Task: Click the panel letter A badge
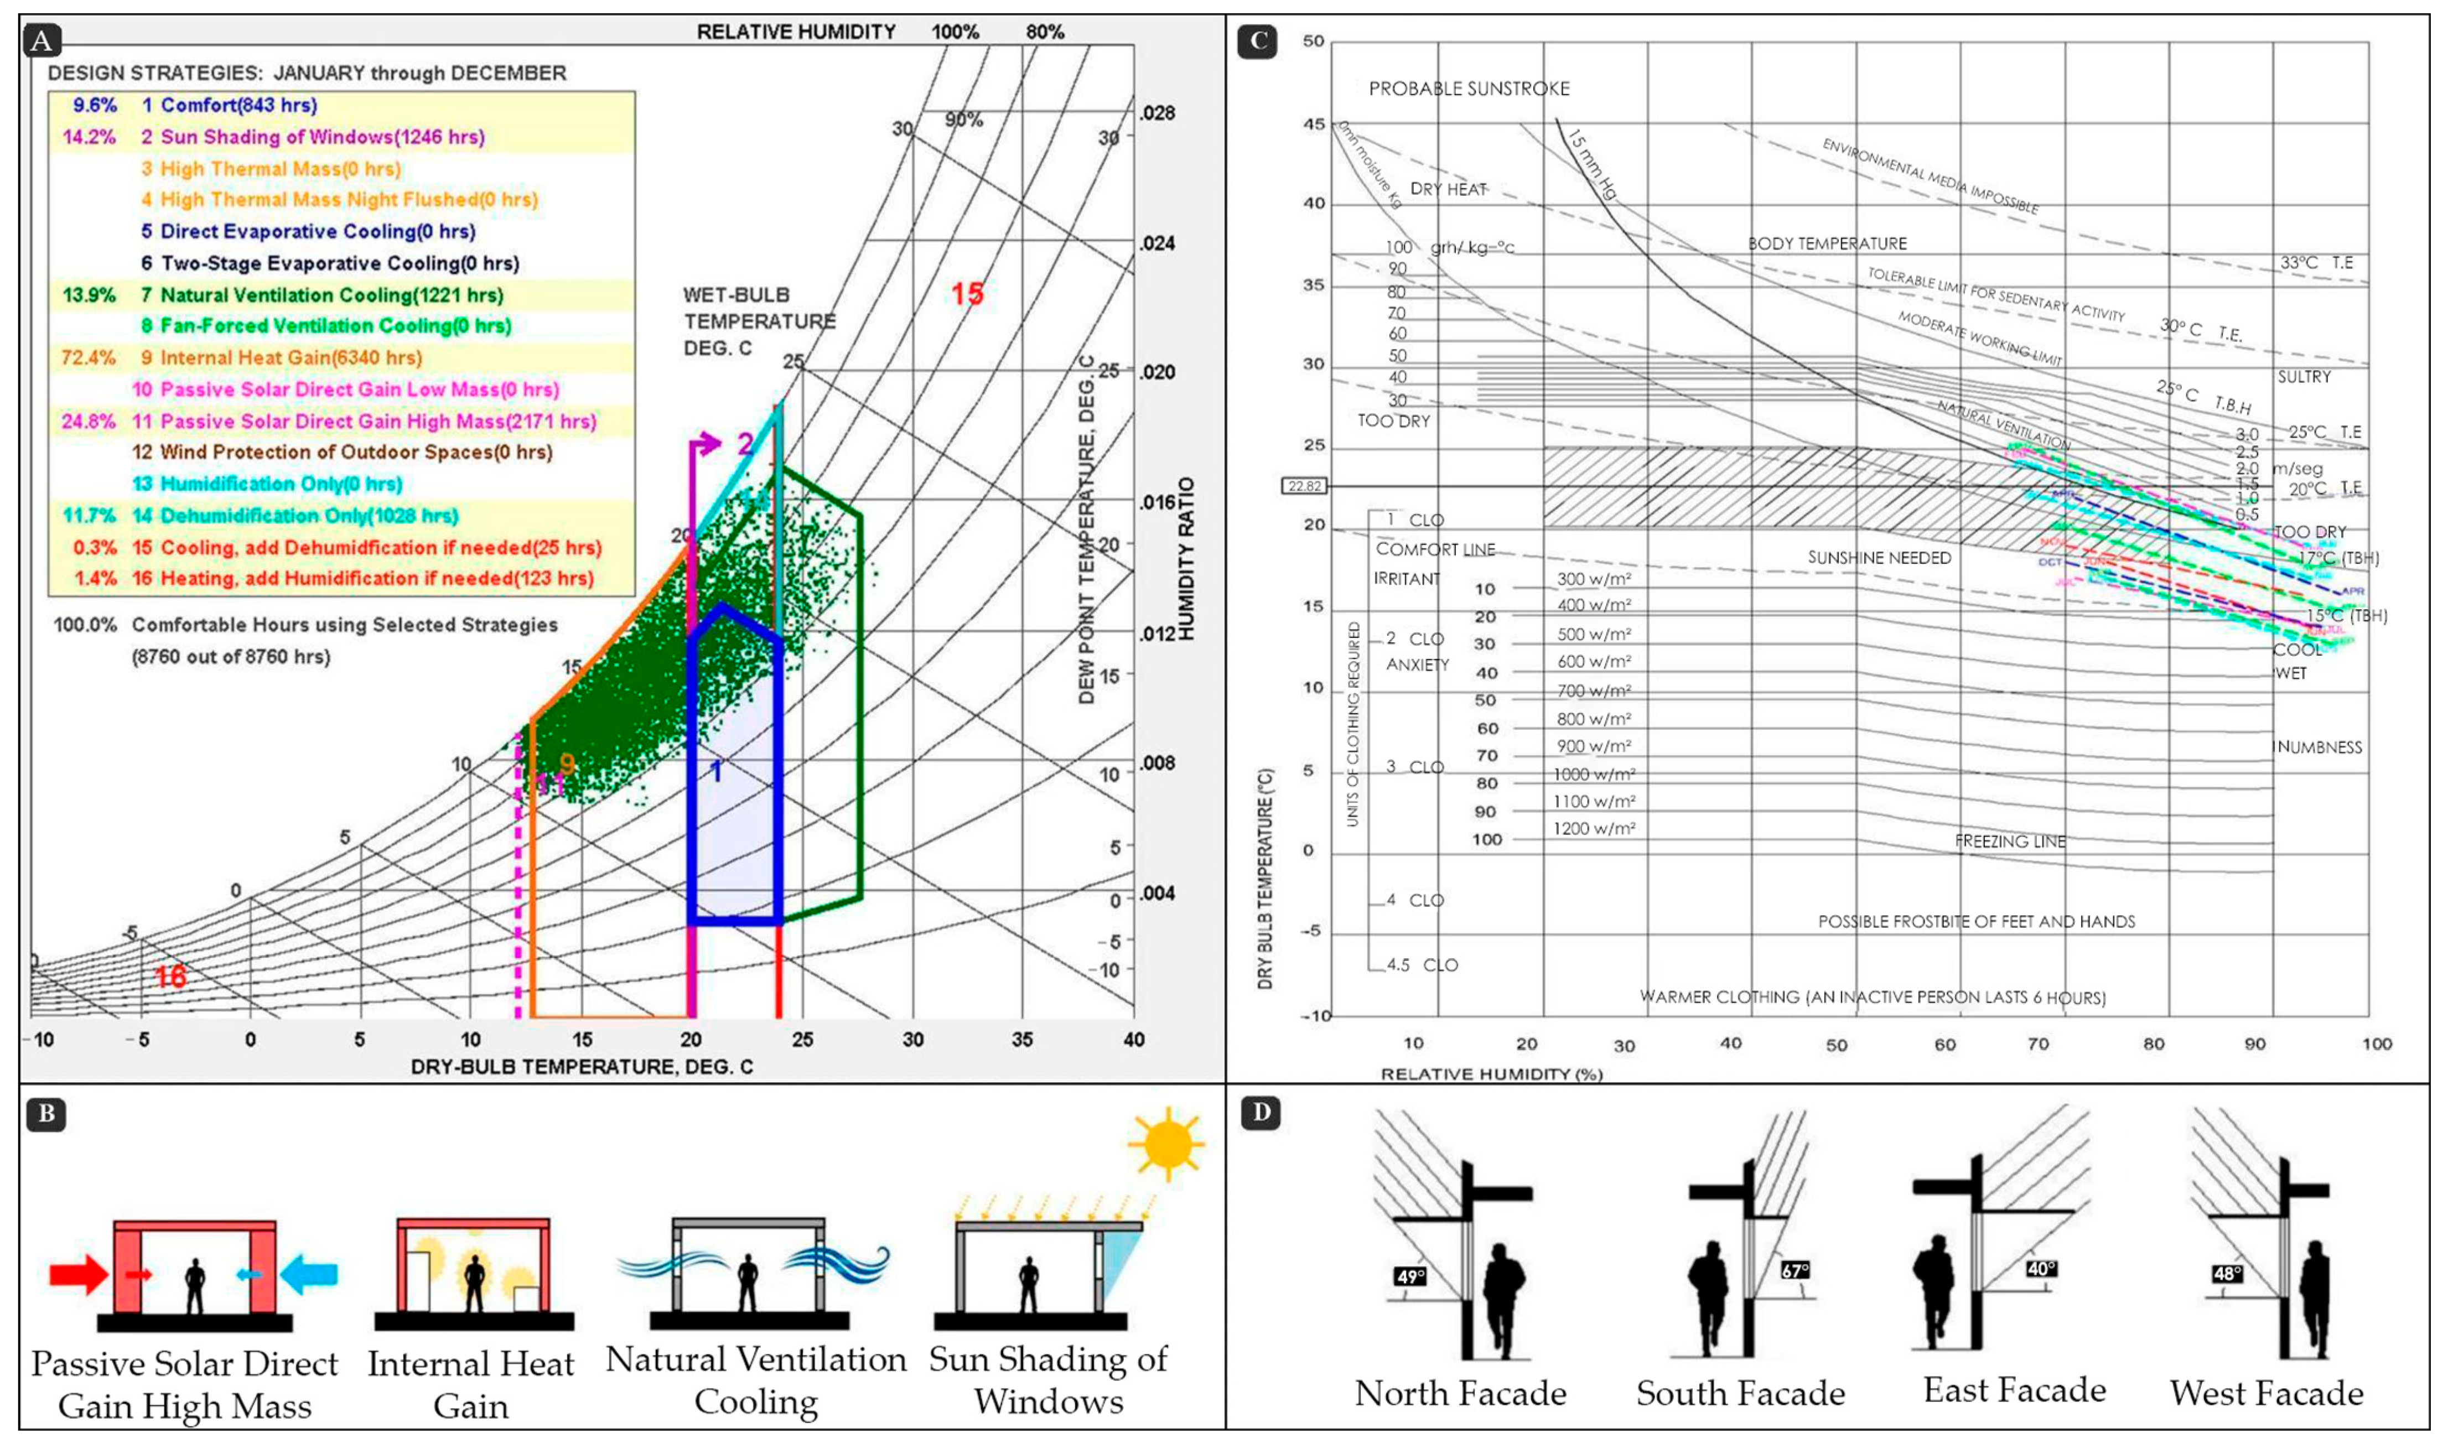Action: (41, 41)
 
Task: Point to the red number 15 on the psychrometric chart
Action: (968, 294)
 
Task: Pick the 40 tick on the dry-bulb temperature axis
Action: (1133, 1040)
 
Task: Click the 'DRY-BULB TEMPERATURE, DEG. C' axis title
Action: (582, 1066)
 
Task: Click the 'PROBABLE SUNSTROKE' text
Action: (1469, 89)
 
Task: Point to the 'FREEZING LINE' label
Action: (2010, 841)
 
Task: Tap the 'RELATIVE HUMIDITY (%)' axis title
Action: (1491, 1074)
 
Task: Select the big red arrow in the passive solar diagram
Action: (78, 1274)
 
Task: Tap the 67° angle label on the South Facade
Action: (1794, 1270)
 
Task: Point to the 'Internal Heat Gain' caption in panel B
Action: (471, 1385)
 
